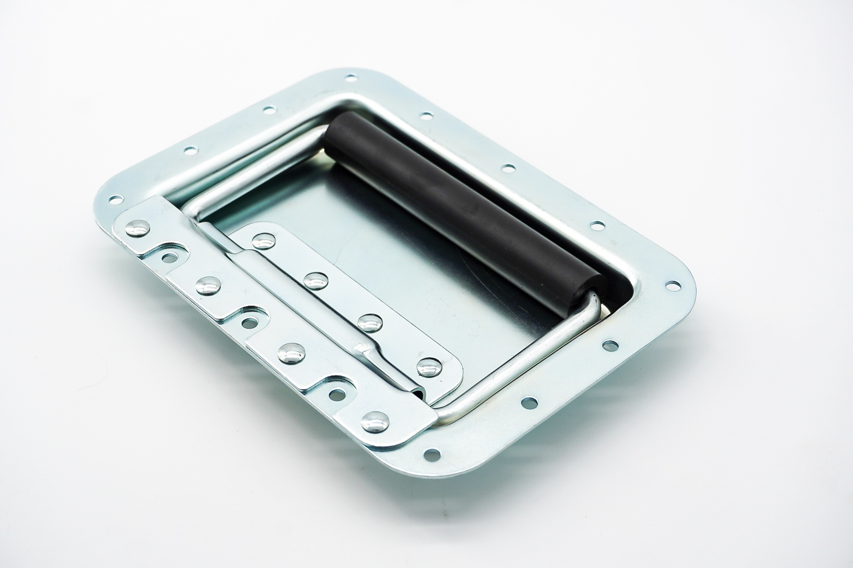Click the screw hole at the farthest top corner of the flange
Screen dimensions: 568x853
click(349, 79)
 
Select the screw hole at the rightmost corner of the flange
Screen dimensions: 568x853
click(672, 286)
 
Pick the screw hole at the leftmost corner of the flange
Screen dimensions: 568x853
click(113, 200)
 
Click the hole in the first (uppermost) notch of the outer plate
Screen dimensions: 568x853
click(169, 258)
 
